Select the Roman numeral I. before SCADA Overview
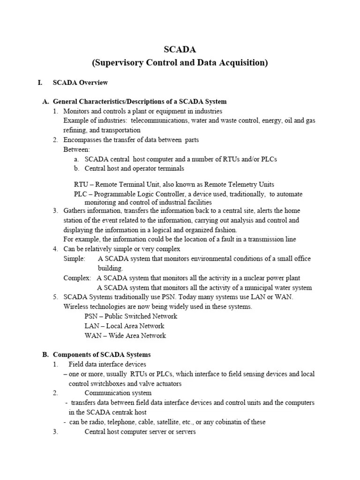[40, 83]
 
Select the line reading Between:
[76, 150]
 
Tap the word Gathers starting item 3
[75, 210]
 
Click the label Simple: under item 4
[74, 259]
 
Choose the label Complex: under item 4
[77, 278]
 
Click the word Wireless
[76, 307]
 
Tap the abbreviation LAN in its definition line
[92, 326]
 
